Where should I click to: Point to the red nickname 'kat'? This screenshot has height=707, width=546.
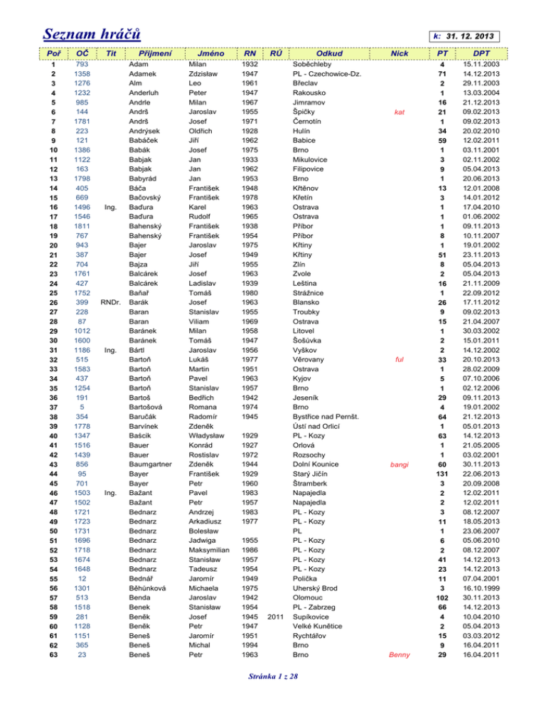coord(400,112)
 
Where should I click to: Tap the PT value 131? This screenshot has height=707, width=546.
coord(442,475)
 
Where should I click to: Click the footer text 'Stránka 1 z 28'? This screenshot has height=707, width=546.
coord(272,693)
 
